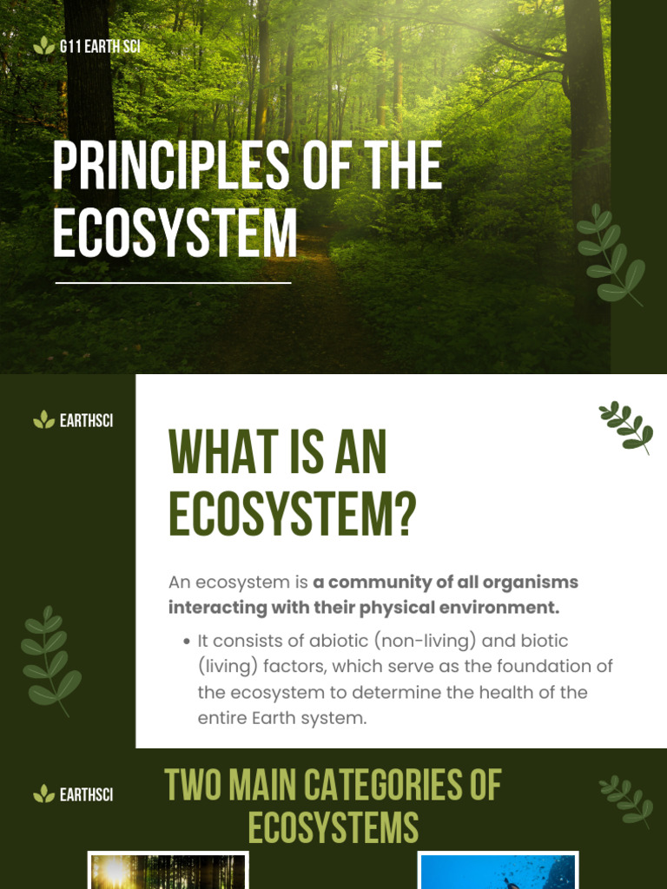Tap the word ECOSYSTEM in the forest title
click(x=175, y=233)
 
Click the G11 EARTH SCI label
click(x=100, y=47)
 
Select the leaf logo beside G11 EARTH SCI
click(x=43, y=47)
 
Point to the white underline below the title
click(x=173, y=282)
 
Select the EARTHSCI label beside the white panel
click(x=86, y=421)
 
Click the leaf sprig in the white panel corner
click(x=626, y=426)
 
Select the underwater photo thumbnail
click(x=497, y=871)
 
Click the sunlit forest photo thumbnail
click(x=168, y=871)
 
